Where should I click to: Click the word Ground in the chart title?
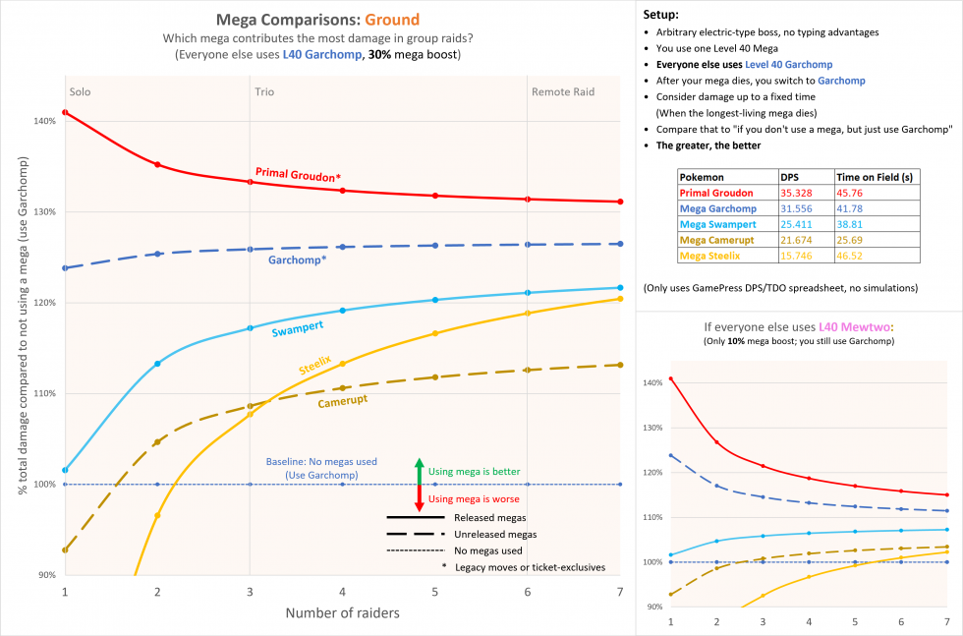393,20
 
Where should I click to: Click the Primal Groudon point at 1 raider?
65,112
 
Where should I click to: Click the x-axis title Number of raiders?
342,612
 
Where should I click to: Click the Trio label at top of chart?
264,91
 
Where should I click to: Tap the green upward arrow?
419,471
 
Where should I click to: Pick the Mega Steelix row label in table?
711,256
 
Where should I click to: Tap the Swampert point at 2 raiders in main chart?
157,364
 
